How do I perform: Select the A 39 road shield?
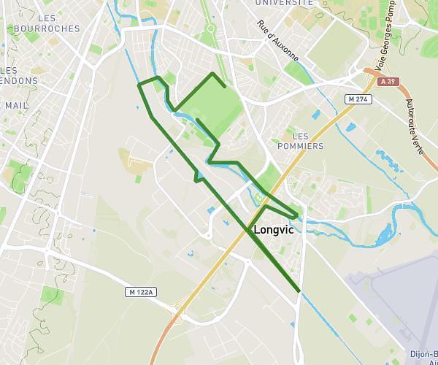[x=391, y=82]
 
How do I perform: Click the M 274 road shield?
[x=358, y=99]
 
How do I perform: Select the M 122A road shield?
[x=139, y=292]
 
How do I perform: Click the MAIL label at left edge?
[x=16, y=105]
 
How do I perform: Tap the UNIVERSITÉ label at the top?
[x=284, y=3]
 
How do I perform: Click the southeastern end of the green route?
[x=299, y=291]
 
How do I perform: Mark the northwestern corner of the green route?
[x=139, y=85]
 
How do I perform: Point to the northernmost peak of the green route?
[x=212, y=74]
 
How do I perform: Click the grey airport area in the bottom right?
[x=394, y=292]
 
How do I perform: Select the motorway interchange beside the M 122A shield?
[x=175, y=310]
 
